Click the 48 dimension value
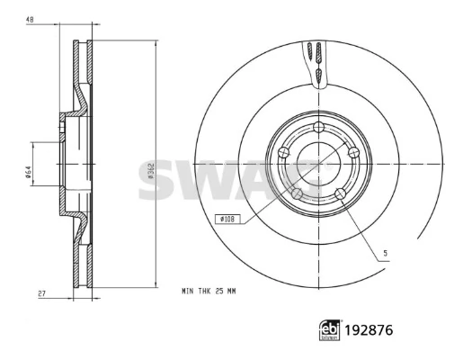coord(30,20)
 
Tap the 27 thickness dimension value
coord(42,293)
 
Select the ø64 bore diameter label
coord(27,172)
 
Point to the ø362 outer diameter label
coord(151,171)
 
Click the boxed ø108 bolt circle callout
coord(227,219)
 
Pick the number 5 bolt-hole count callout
coord(386,253)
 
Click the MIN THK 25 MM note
coord(209,292)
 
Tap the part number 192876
coord(369,330)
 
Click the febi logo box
coord(330,330)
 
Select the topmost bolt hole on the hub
coord(318,127)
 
